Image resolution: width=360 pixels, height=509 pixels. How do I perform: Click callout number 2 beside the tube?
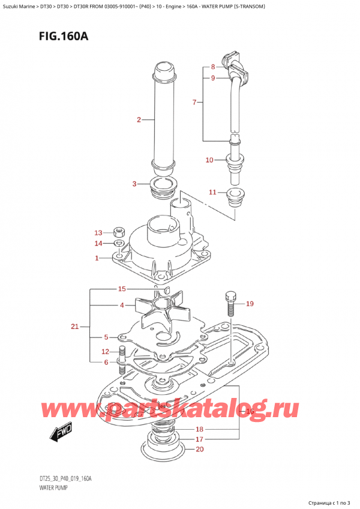click(x=139, y=120)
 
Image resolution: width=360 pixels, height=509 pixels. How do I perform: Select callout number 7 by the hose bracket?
click(x=195, y=103)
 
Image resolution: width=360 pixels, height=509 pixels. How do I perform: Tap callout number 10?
click(x=209, y=160)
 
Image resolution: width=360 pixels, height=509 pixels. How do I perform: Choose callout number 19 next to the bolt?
click(x=250, y=304)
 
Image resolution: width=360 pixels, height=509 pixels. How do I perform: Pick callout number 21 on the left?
click(x=74, y=327)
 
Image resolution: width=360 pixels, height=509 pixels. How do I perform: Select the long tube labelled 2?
click(x=163, y=120)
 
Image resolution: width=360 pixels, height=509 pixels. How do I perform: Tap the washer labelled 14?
click(x=119, y=244)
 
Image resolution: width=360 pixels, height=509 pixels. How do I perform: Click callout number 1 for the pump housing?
click(x=97, y=258)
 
